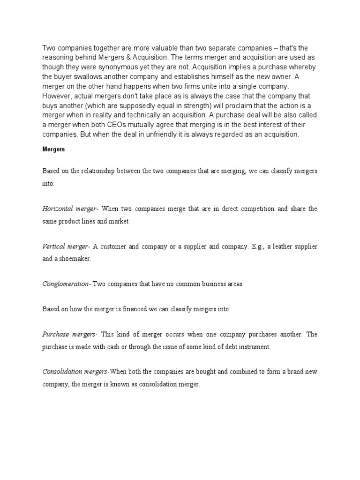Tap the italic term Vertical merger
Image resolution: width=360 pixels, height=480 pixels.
[x=66, y=247]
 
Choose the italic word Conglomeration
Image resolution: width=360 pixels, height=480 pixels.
[x=67, y=285]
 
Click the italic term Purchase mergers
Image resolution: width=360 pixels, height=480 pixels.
[x=69, y=334]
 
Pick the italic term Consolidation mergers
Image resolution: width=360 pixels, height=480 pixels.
[x=75, y=372]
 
